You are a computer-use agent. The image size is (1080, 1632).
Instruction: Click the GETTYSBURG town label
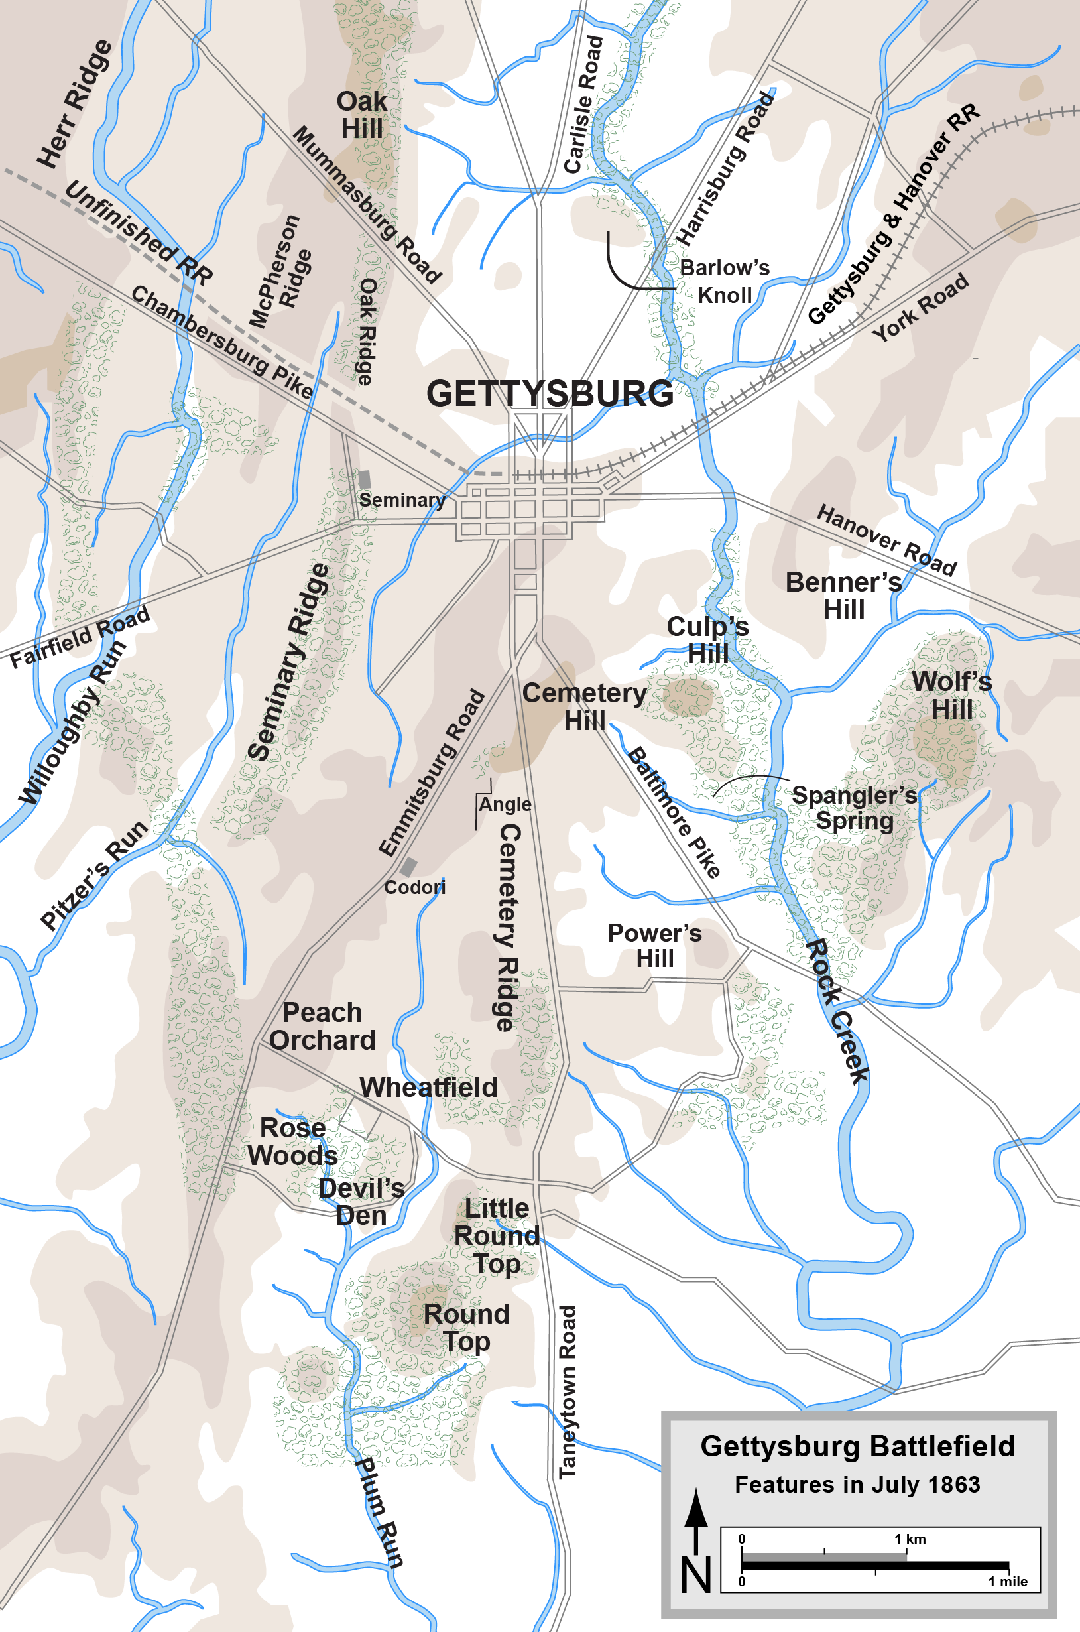(x=550, y=393)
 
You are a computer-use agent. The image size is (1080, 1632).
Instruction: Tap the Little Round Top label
(x=497, y=1236)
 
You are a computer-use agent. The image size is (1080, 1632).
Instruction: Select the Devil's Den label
(x=361, y=1202)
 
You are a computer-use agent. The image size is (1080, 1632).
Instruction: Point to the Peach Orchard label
(x=322, y=1027)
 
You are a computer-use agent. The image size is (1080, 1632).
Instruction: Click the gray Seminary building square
(x=365, y=479)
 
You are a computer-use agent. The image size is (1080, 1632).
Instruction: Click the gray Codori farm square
(x=408, y=867)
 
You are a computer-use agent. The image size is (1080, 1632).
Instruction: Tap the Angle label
(x=505, y=804)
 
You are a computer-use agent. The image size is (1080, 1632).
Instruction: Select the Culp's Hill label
(x=707, y=640)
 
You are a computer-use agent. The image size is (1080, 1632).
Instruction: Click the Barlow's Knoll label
(x=725, y=281)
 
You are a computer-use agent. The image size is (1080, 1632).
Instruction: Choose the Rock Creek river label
(x=837, y=1011)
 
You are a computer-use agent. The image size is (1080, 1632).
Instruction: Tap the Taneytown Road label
(x=567, y=1391)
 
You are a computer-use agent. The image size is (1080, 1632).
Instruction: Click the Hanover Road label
(x=886, y=540)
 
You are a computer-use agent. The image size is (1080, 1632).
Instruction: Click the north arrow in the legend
(x=695, y=1515)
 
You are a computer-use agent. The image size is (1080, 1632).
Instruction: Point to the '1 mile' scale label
(x=1008, y=1581)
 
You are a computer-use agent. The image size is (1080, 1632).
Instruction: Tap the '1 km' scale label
(x=910, y=1539)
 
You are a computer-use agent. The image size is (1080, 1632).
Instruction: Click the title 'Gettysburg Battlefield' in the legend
(x=857, y=1447)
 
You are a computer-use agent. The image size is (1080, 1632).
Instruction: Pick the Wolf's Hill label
(x=952, y=695)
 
